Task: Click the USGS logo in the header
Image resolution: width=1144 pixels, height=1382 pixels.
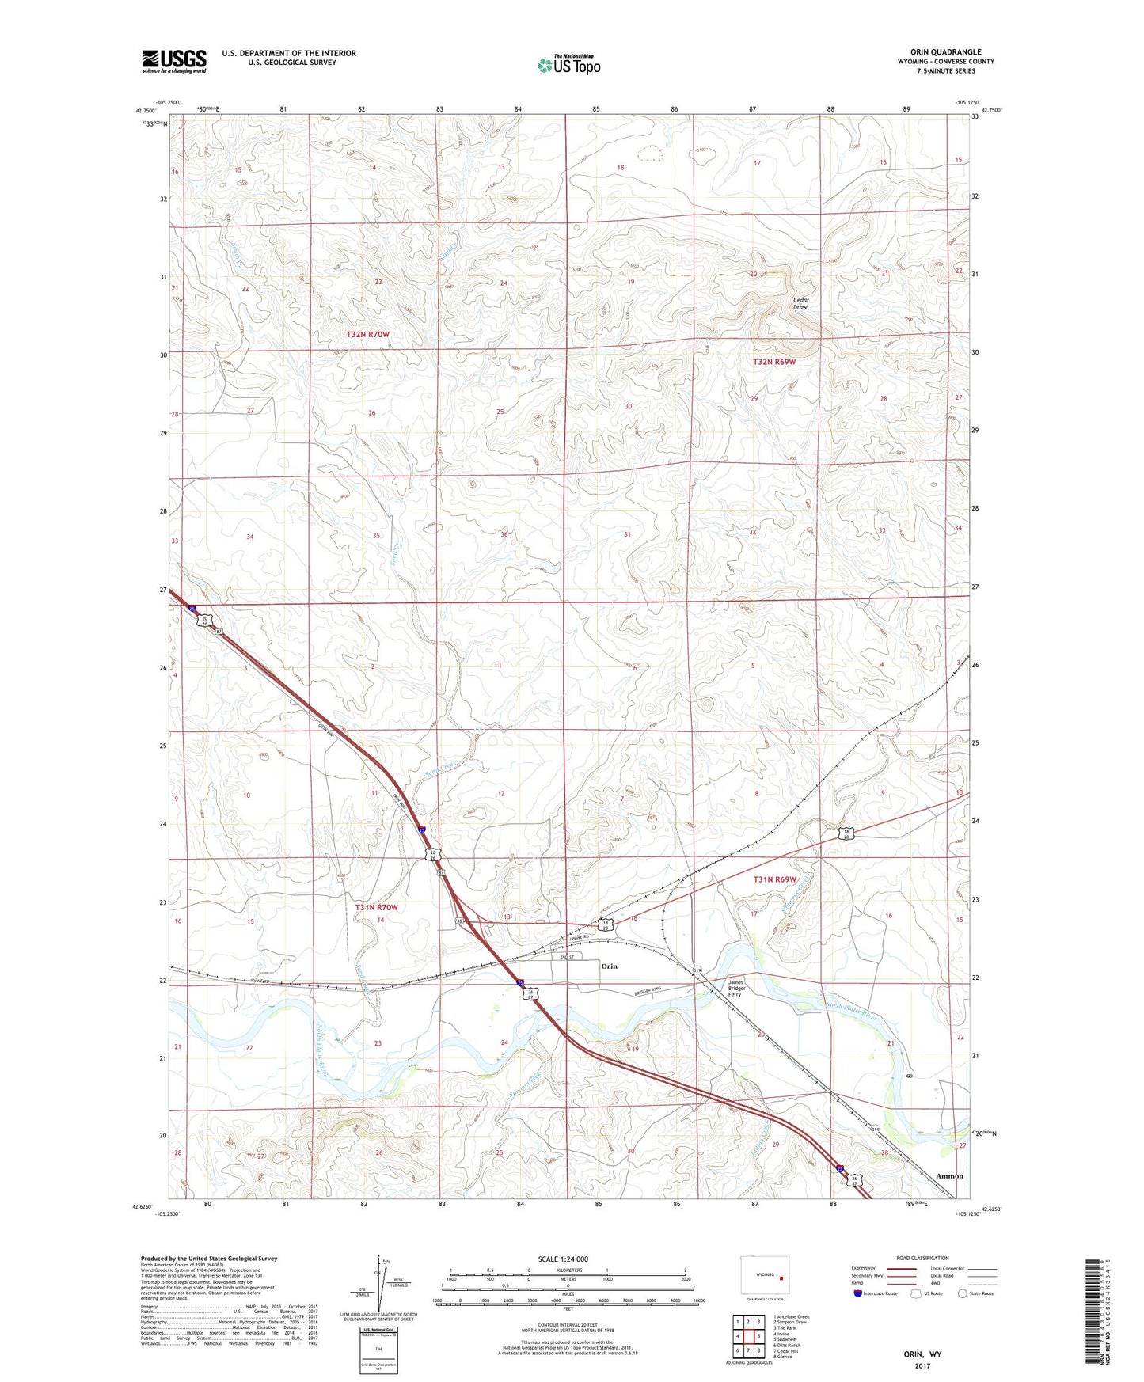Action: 173,61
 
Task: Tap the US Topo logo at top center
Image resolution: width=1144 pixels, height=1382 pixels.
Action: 568,65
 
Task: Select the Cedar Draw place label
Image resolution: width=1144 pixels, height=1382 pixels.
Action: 800,303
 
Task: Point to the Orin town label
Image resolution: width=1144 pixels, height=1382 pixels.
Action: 609,966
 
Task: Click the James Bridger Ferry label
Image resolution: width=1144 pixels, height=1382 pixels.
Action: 736,989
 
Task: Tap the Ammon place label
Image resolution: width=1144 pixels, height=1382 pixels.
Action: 949,1176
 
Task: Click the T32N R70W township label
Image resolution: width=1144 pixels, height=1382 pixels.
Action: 367,335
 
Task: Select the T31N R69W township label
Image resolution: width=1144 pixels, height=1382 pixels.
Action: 774,879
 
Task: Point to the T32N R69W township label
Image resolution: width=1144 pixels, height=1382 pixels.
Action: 773,362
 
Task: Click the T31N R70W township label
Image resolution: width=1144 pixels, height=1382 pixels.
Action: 376,908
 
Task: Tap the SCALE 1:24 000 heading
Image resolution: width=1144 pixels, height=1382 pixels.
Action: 563,1259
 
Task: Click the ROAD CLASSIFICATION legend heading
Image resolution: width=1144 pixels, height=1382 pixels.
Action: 922,1258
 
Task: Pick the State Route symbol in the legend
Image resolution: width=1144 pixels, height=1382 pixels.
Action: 963,1293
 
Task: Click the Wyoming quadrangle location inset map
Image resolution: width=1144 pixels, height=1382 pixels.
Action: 765,1276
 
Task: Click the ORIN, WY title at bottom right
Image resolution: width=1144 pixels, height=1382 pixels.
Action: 922,1354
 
